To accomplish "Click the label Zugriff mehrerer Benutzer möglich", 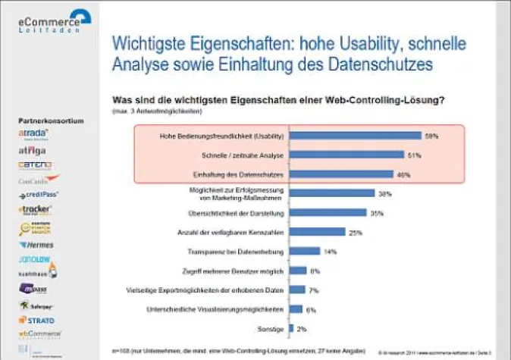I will coord(229,271).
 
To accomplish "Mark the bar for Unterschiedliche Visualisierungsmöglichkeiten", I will coord(296,309).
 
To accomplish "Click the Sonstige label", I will coord(272,328).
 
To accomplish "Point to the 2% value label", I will coord(302,328).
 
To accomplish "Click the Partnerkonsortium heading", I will coord(51,121).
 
